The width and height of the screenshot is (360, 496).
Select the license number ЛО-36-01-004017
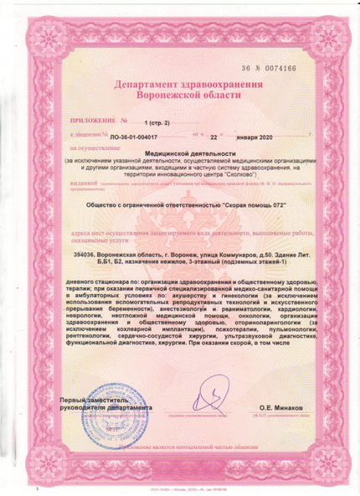pos(140,134)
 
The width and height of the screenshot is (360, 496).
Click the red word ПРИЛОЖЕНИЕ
pos(85,122)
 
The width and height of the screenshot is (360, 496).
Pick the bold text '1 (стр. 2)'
pos(154,122)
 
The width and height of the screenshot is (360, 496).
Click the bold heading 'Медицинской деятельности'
pos(179,153)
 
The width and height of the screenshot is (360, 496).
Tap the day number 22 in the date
pos(213,134)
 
